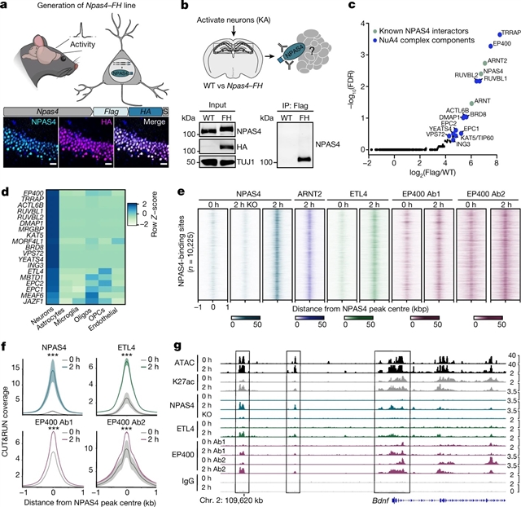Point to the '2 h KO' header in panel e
click(245, 203)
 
